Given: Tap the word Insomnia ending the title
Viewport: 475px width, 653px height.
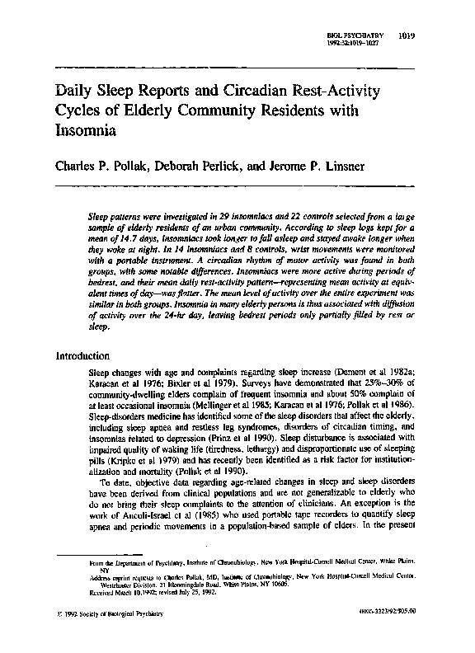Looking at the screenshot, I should (x=82, y=129).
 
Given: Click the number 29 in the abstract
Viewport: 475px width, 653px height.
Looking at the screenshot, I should (x=247, y=214).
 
